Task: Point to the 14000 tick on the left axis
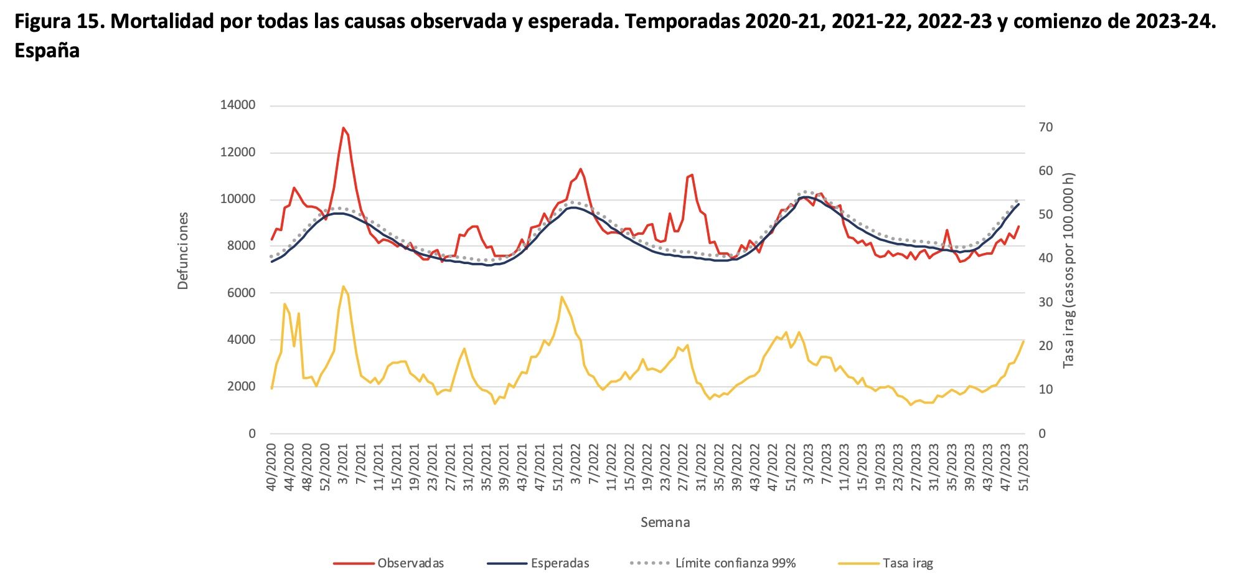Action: [238, 105]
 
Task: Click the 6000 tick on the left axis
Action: [241, 293]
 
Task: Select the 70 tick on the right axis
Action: [1046, 127]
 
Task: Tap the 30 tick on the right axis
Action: [1046, 302]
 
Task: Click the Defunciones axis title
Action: [183, 251]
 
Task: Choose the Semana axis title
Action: [665, 523]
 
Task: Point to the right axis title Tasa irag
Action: [1069, 270]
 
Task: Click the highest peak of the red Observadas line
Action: [343, 128]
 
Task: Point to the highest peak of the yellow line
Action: [343, 287]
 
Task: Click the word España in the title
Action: [47, 51]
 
